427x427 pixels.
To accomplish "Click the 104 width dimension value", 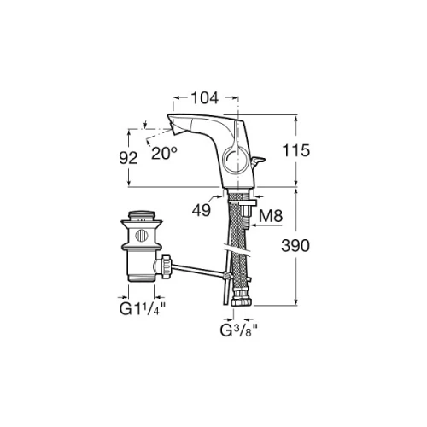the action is pyautogui.click(x=205, y=97).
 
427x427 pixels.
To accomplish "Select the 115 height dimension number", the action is pyautogui.click(x=295, y=150).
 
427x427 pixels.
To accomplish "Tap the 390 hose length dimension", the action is pyautogui.click(x=295, y=245).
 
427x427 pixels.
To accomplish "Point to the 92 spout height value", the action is pyautogui.click(x=128, y=158).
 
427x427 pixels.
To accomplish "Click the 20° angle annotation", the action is pyautogui.click(x=164, y=153).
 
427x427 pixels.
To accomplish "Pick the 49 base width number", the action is pyautogui.click(x=202, y=211).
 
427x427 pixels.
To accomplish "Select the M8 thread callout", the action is pyautogui.click(x=271, y=216).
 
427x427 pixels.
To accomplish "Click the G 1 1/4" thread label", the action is pyautogui.click(x=143, y=309).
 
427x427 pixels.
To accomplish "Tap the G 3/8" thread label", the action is pyautogui.click(x=239, y=330).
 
